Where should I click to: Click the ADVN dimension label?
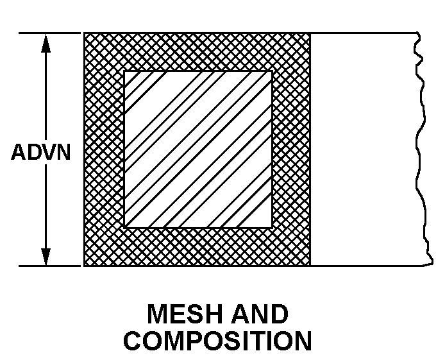41,152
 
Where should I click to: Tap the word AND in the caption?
260,314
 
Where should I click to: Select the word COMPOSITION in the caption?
217,340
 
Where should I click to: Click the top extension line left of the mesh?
49,33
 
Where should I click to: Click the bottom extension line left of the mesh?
49,266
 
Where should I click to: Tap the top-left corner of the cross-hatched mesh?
84,33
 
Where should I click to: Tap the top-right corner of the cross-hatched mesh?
310,33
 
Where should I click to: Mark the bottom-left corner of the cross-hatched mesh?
84,266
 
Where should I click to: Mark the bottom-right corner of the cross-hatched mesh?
310,266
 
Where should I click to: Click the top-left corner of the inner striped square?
124,71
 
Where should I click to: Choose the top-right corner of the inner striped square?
272,71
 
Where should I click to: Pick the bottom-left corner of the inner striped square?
124,228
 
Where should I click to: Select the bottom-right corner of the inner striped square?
272,228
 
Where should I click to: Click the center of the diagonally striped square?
198,150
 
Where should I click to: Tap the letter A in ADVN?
18,152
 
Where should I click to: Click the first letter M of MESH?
157,314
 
